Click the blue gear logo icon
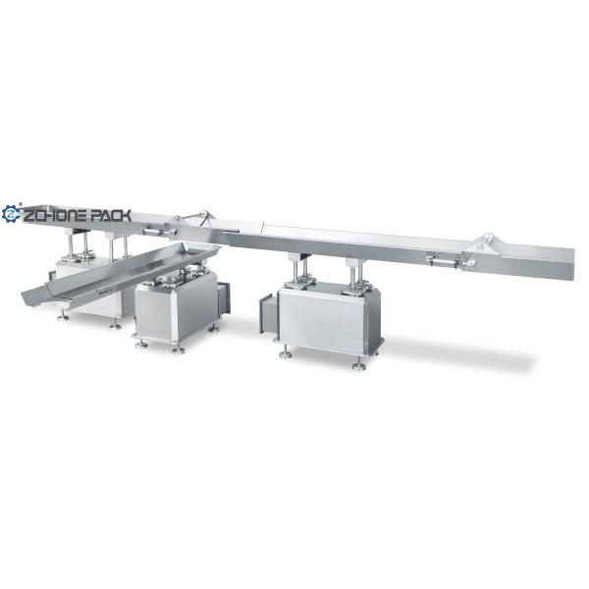(x=11, y=214)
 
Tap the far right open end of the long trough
(x=572, y=264)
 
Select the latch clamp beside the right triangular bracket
(x=445, y=261)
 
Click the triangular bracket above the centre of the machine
(x=198, y=218)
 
